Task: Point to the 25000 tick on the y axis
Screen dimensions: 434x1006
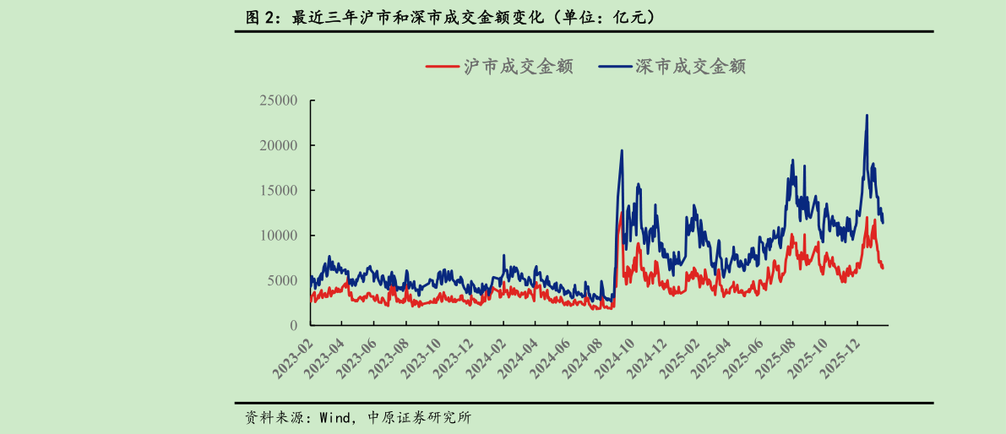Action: pos(279,100)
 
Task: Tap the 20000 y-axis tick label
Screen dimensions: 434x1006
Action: pos(279,145)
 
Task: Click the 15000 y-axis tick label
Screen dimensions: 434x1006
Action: pos(279,190)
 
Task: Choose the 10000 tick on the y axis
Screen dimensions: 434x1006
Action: pos(279,236)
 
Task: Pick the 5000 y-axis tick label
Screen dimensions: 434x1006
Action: pos(283,280)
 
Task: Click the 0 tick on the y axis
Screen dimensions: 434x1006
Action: pos(294,325)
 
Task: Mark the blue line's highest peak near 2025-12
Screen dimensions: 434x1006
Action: pos(867,116)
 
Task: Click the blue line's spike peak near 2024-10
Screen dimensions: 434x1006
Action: pos(622,151)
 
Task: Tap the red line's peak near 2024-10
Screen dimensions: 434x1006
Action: pos(621,213)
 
